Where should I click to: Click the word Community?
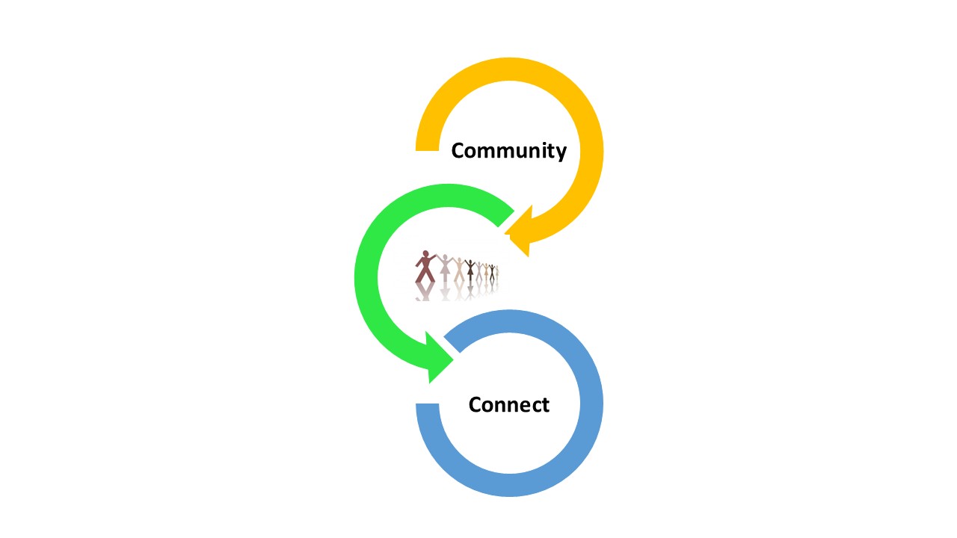[x=509, y=151]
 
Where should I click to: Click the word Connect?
[x=509, y=405]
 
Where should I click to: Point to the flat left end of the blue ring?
[x=427, y=404]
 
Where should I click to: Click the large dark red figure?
[x=425, y=267]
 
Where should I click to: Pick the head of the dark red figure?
[x=425, y=253]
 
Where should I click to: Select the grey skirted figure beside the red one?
[x=445, y=268]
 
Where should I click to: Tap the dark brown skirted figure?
[x=470, y=270]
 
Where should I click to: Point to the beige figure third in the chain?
[x=459, y=270]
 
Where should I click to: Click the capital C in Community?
[x=458, y=151]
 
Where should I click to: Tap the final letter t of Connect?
[x=545, y=405]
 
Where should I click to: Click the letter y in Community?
[x=561, y=154]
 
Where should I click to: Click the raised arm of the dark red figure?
[x=432, y=259]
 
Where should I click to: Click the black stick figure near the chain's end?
[x=492, y=273]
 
